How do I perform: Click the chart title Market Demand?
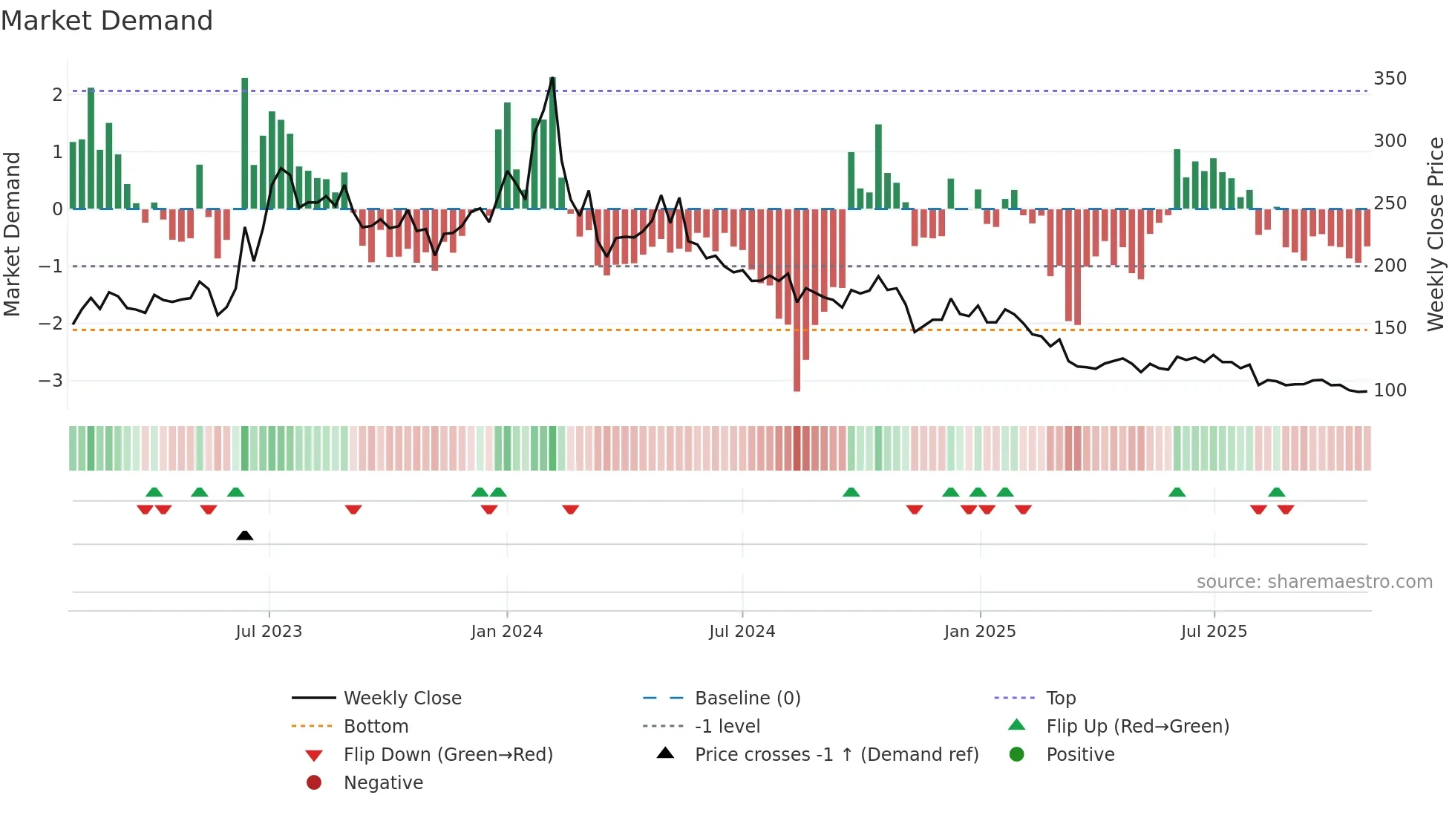point(107,21)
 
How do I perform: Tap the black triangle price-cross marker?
point(244,535)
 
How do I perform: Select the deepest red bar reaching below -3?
point(797,371)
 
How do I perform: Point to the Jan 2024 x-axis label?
point(506,632)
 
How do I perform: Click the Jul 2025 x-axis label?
point(1214,632)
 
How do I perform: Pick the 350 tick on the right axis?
point(1390,79)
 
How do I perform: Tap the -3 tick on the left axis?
point(51,381)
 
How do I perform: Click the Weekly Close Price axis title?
point(1436,234)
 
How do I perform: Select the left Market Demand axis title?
point(13,234)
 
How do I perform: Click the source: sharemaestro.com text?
point(1314,582)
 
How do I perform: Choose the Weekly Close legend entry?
point(402,698)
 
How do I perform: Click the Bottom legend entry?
point(376,727)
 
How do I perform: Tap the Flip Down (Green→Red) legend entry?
point(448,755)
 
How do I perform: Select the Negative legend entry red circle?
point(314,783)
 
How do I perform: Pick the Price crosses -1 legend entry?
point(836,755)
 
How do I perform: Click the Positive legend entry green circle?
point(1017,755)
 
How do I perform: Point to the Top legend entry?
point(1060,698)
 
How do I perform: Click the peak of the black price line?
point(552,78)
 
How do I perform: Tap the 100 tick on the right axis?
point(1390,390)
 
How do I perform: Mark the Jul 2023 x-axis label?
point(269,632)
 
